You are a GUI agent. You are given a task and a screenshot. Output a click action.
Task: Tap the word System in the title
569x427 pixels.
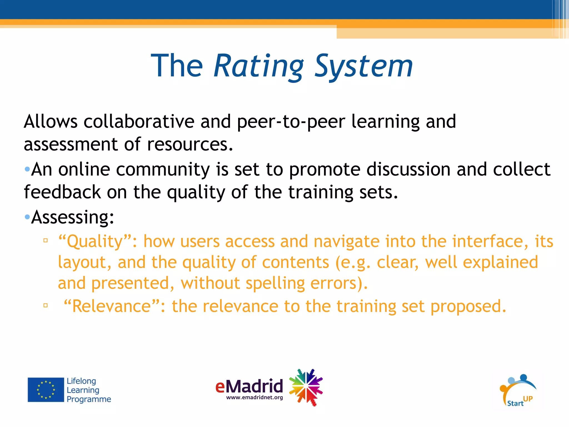tap(364, 66)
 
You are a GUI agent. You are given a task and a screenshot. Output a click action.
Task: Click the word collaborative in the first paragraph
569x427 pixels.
tap(139, 121)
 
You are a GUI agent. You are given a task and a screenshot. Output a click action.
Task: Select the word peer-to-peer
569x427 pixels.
tap(291, 121)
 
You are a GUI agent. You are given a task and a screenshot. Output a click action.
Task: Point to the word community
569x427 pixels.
tap(163, 169)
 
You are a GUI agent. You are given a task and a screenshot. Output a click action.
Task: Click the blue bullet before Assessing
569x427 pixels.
tap(27, 217)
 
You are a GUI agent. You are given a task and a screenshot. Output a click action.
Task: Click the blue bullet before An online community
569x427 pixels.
tap(27, 169)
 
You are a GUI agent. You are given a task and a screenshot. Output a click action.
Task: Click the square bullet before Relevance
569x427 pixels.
tap(46, 306)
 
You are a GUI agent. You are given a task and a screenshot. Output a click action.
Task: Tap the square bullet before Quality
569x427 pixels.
tap(46, 240)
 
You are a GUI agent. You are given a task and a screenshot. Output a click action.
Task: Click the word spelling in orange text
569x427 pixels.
tap(275, 283)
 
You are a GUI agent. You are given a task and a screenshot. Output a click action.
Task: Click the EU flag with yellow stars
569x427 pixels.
tap(46, 389)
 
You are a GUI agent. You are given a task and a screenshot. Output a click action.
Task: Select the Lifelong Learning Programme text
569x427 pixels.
tap(88, 390)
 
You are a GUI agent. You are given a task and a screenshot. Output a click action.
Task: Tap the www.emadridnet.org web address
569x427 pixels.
tap(254, 398)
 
